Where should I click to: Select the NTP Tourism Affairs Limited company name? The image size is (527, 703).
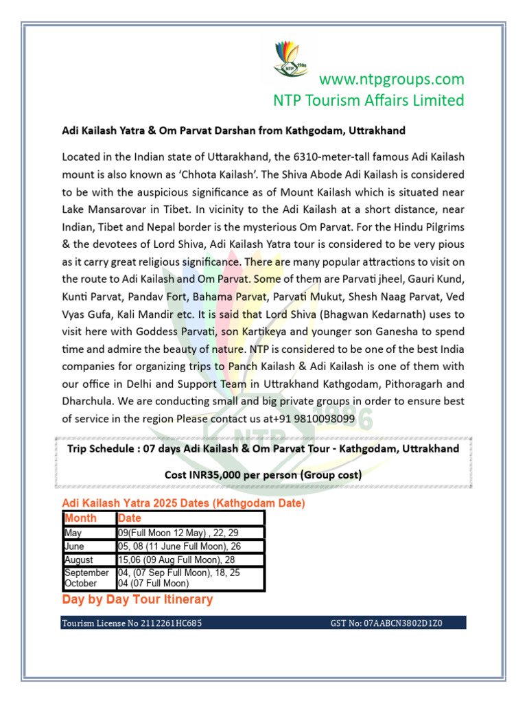point(368,100)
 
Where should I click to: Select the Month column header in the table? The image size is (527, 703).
point(80,518)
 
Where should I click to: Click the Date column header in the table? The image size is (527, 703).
point(130,518)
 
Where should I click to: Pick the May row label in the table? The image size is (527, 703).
point(73,533)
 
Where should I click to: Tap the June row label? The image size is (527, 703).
point(74,546)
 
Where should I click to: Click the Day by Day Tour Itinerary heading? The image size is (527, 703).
point(137,599)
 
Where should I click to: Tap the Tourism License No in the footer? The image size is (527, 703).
point(131,623)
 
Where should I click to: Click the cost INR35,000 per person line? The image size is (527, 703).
point(263,474)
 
